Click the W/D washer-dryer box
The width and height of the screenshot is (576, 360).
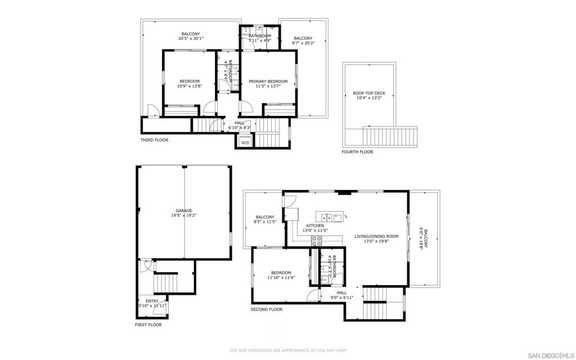[245, 143]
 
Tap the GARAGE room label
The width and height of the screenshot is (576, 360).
[183, 211]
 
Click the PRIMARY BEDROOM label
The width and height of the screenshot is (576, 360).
[268, 82]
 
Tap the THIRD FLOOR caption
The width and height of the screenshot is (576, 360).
[154, 140]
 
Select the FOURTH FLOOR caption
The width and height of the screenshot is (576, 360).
[357, 152]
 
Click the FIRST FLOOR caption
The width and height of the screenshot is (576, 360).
[148, 325]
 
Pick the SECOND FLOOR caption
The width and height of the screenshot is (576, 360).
[267, 309]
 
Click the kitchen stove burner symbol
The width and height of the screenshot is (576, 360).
[316, 240]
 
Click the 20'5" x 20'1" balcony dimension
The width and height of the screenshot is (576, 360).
[190, 39]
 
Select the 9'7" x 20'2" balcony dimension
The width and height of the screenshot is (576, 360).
[303, 43]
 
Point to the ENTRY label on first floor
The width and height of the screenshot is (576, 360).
[152, 301]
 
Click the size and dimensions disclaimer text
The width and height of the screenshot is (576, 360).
[287, 351]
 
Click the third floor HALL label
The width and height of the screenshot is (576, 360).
[240, 123]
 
